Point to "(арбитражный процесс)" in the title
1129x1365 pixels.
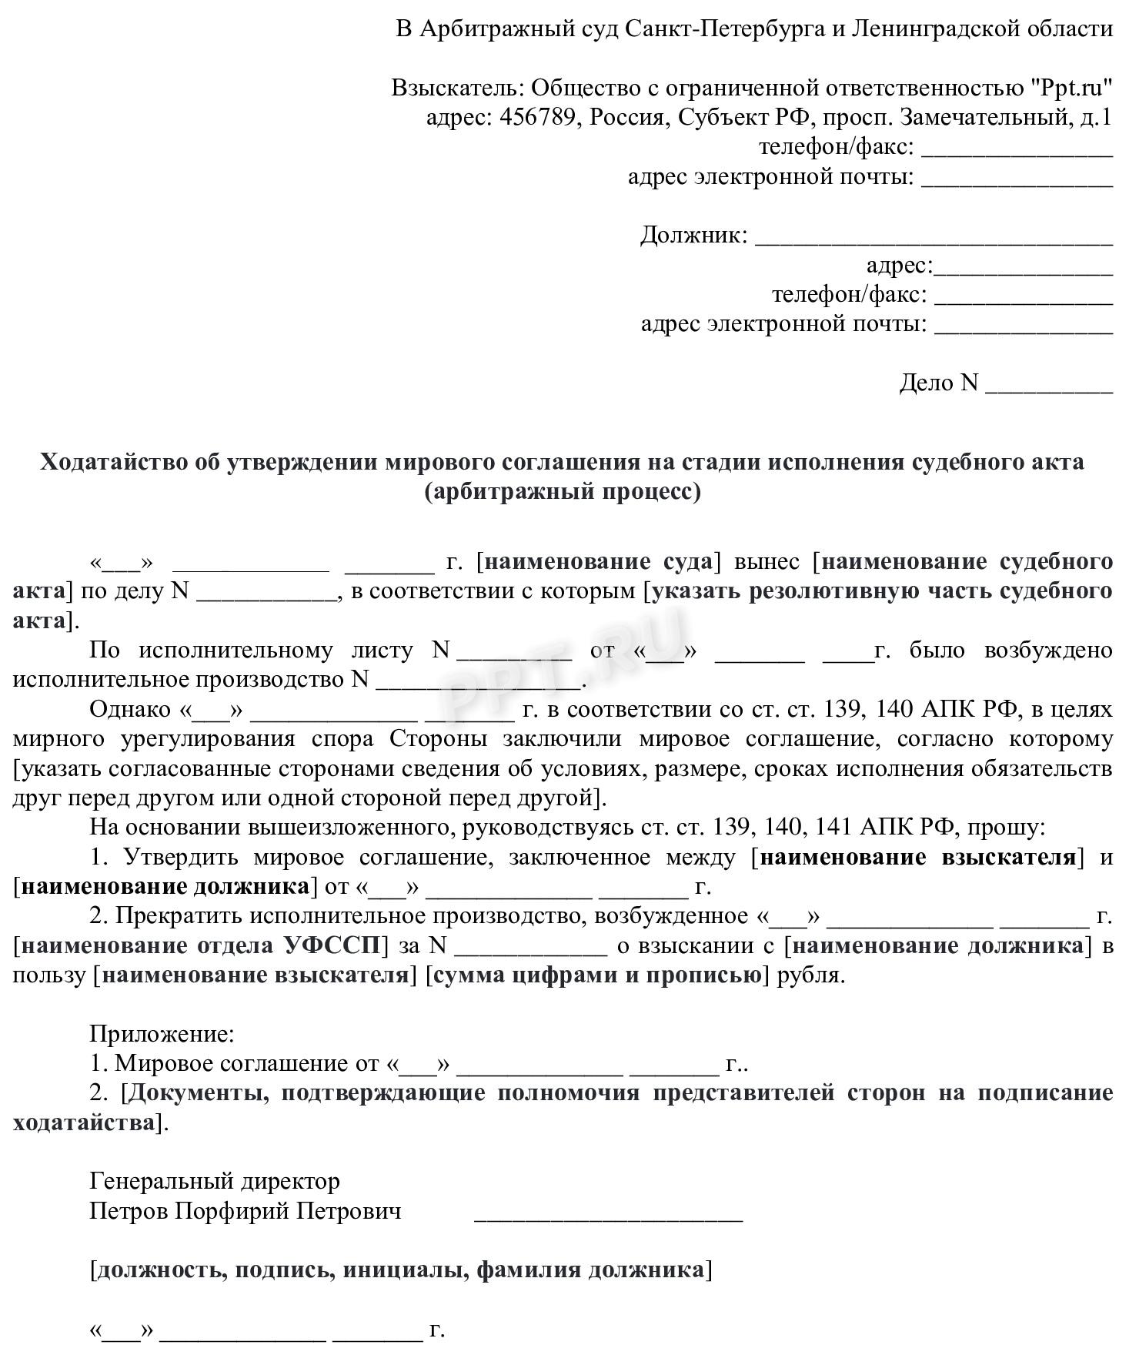(x=563, y=491)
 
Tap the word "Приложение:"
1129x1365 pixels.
(x=162, y=1034)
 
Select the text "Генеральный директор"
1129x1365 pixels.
(x=215, y=1181)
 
